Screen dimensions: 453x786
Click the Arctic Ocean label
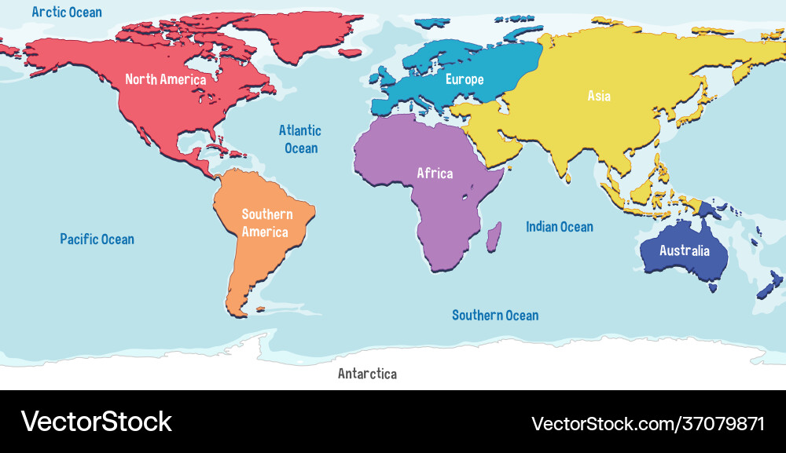tap(67, 12)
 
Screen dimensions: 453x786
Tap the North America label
tap(166, 79)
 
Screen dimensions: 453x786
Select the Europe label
tap(465, 79)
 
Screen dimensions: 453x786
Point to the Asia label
tap(599, 96)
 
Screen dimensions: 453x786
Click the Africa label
tap(435, 173)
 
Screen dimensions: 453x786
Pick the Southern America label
tap(266, 223)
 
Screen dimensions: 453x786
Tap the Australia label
tap(684, 251)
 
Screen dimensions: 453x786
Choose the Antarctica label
tap(367, 374)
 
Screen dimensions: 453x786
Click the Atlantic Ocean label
tap(300, 139)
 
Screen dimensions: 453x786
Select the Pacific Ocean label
tap(97, 239)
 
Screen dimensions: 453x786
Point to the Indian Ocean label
tap(560, 227)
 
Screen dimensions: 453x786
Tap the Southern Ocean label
tap(495, 315)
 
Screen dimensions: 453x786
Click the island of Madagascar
tap(494, 236)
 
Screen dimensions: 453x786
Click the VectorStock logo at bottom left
tap(97, 422)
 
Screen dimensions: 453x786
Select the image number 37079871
tap(723, 424)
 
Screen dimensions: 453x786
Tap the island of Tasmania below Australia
tap(713, 288)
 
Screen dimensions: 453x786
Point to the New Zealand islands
tap(766, 287)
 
